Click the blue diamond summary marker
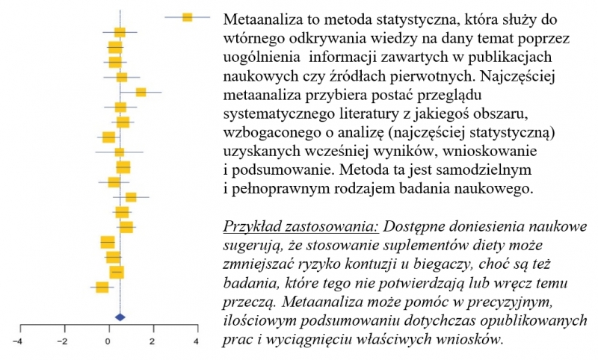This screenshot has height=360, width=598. tap(120, 317)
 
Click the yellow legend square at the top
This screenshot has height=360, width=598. tap(188, 16)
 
